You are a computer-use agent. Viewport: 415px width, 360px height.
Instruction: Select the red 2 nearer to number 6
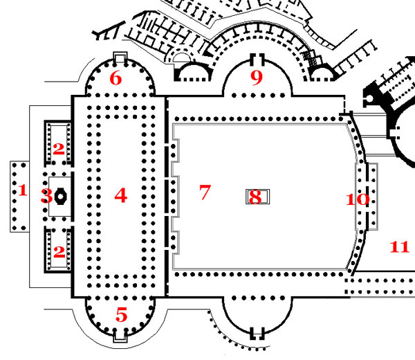pos(59,147)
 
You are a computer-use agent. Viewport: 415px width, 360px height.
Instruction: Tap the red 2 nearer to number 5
pos(59,252)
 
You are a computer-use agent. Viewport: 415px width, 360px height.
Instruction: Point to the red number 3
pos(46,196)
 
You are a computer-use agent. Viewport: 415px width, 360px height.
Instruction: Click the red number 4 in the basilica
pos(121,196)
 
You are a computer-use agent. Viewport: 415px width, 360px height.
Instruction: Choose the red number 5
pos(122,316)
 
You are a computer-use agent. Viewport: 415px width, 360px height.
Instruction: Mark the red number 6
pos(116,78)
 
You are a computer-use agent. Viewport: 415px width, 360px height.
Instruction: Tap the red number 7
pos(204,192)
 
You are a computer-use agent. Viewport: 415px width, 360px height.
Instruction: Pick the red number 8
pos(255,197)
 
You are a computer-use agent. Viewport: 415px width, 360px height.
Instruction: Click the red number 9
pos(257,77)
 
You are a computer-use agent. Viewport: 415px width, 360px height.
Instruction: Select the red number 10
pos(358,200)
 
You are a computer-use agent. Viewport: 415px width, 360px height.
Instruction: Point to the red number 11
pos(400,246)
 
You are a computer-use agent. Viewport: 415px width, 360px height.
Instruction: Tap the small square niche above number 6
pos(118,56)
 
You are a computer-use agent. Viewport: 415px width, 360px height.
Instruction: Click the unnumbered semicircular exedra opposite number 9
pos(257,315)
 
